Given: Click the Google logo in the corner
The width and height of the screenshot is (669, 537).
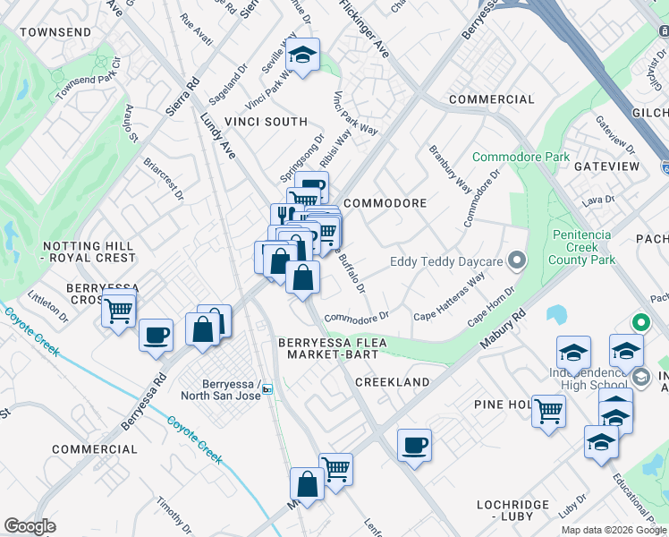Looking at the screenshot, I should pyautogui.click(x=30, y=526).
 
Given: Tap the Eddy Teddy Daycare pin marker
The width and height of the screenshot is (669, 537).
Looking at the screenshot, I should pyautogui.click(x=516, y=261).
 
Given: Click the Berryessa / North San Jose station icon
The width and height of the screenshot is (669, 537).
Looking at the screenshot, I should pyautogui.click(x=267, y=388).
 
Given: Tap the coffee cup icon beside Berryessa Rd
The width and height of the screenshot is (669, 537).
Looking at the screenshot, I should pyautogui.click(x=156, y=336).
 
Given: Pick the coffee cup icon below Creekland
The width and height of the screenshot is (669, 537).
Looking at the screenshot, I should pyautogui.click(x=414, y=445).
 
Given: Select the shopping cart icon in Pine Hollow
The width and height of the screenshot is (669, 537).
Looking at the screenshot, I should pyautogui.click(x=548, y=412).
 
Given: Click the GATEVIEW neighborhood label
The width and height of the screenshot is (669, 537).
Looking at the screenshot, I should pyautogui.click(x=606, y=166).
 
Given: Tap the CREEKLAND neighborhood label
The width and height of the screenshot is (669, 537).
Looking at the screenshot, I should pyautogui.click(x=393, y=382).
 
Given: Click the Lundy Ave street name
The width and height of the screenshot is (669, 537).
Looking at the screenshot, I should pyautogui.click(x=218, y=137).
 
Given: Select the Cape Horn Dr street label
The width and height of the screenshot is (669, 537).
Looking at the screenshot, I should pyautogui.click(x=492, y=304).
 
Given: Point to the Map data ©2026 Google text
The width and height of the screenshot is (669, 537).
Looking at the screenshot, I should pyautogui.click(x=614, y=530).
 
